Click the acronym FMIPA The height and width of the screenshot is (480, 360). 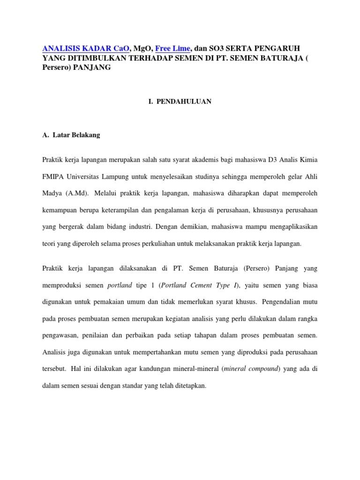(53, 176)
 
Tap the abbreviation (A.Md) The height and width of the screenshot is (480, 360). (75, 193)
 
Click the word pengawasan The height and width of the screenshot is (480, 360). (62, 336)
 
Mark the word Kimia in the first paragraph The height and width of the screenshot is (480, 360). (308, 160)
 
